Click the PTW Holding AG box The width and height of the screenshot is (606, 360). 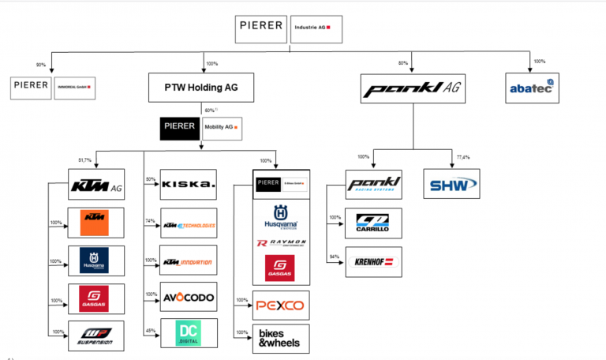[x=202, y=88]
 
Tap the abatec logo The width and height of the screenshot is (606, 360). [x=533, y=87]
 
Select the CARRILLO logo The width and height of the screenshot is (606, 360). [x=374, y=223]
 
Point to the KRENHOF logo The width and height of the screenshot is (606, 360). [x=374, y=261]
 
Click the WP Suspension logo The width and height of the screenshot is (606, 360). [x=95, y=335]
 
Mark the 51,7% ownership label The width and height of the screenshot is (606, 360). [x=84, y=160]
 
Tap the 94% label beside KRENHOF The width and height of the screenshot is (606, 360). [x=335, y=257]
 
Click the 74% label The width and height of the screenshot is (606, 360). [x=150, y=222]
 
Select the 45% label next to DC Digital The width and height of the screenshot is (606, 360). [x=150, y=331]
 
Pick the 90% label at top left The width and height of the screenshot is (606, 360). [x=41, y=64]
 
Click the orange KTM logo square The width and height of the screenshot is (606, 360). [x=95, y=221]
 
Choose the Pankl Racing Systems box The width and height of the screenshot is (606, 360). [x=374, y=186]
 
